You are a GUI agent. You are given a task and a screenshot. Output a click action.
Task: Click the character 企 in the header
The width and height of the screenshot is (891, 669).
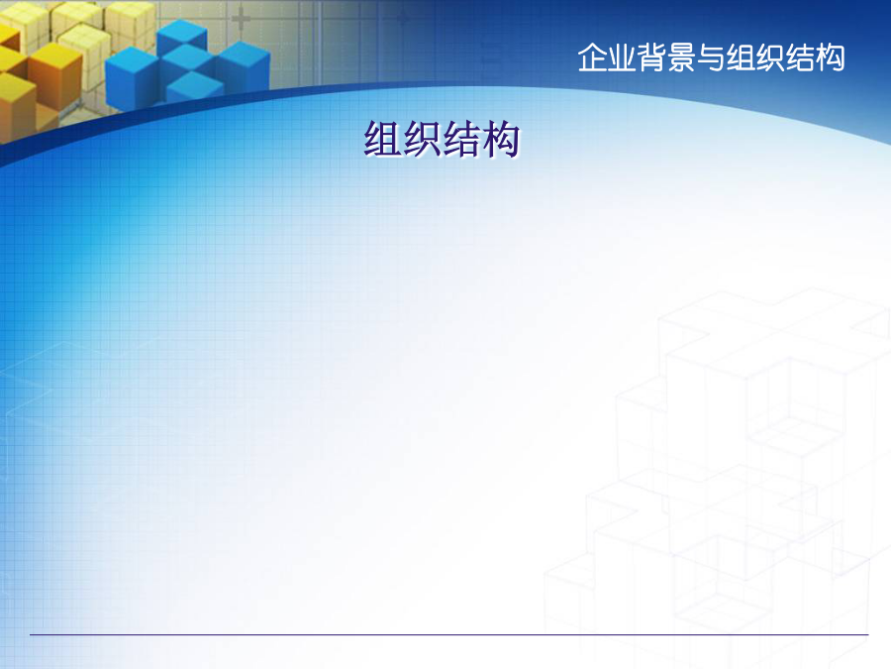pyautogui.click(x=592, y=57)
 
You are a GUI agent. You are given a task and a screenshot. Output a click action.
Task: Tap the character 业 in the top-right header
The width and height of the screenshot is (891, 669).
pyautogui.click(x=623, y=57)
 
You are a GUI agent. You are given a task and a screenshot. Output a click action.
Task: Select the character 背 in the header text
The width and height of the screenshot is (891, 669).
pyautogui.click(x=651, y=57)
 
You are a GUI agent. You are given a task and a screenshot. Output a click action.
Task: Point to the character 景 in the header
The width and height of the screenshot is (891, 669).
pyautogui.click(x=681, y=57)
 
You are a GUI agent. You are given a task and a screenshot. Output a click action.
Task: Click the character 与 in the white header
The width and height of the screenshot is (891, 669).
pyautogui.click(x=711, y=57)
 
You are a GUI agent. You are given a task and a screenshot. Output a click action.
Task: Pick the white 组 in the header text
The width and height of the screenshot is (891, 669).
pyautogui.click(x=741, y=57)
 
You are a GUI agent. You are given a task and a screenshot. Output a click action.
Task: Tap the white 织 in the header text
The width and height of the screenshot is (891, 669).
pyautogui.click(x=770, y=57)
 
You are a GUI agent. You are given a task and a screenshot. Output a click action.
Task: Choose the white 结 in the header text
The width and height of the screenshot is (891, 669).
pyautogui.click(x=800, y=57)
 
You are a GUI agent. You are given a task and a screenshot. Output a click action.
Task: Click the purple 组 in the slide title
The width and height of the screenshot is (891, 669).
pyautogui.click(x=382, y=139)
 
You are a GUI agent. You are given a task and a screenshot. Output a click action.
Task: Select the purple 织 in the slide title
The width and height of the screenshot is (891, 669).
pyautogui.click(x=422, y=139)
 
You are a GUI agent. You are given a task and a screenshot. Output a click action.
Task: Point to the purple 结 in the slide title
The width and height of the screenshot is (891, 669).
pyautogui.click(x=460, y=139)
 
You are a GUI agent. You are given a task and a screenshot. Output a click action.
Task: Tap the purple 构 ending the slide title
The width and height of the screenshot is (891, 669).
pyautogui.click(x=500, y=139)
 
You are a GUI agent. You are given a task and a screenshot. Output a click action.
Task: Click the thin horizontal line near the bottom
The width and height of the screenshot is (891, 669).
pyautogui.click(x=448, y=634)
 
